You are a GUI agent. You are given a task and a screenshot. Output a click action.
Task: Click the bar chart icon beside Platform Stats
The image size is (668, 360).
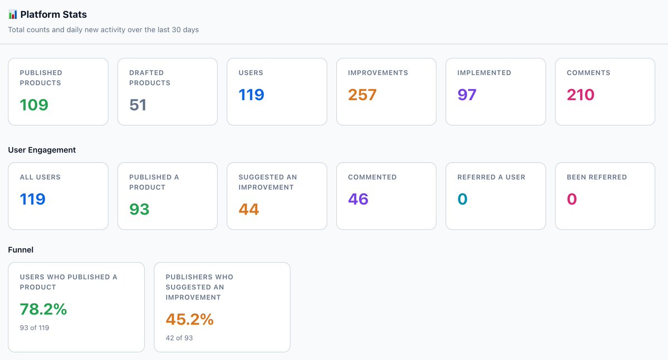[13, 14]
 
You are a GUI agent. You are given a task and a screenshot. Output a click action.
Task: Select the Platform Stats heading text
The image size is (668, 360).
[53, 14]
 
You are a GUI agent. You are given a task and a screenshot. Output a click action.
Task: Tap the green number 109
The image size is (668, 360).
[34, 105]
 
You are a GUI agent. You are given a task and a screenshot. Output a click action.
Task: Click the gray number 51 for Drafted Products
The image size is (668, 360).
[137, 105]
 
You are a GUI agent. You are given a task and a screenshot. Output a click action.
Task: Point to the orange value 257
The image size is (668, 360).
[362, 95]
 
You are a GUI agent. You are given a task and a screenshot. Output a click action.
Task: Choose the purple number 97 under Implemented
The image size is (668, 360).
[467, 95]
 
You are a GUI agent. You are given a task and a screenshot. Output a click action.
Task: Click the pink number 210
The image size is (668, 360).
[581, 95]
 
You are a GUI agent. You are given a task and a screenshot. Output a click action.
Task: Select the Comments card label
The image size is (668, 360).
[588, 73]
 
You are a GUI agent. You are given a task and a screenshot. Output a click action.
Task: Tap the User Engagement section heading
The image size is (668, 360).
[42, 150]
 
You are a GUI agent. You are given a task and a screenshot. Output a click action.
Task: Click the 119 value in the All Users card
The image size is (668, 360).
[33, 199]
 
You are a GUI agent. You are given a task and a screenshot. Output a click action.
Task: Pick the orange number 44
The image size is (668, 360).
[249, 209]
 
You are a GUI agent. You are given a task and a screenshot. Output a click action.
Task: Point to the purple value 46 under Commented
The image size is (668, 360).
[358, 199]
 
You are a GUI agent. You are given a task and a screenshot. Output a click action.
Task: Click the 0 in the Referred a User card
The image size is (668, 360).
[463, 199]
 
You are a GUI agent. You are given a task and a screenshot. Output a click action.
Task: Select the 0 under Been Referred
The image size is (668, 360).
[572, 199]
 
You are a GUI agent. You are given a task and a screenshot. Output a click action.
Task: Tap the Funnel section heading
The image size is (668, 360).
[21, 250]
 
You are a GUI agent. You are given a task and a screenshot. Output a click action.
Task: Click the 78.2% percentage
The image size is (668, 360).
[43, 309]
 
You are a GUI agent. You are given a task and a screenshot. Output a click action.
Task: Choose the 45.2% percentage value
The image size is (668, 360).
[190, 319]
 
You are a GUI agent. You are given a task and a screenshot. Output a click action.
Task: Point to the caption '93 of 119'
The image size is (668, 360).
[35, 328]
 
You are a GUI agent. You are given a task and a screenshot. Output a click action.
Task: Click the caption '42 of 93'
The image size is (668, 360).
[179, 338]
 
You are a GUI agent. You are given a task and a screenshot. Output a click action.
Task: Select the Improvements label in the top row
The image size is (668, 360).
[378, 73]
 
